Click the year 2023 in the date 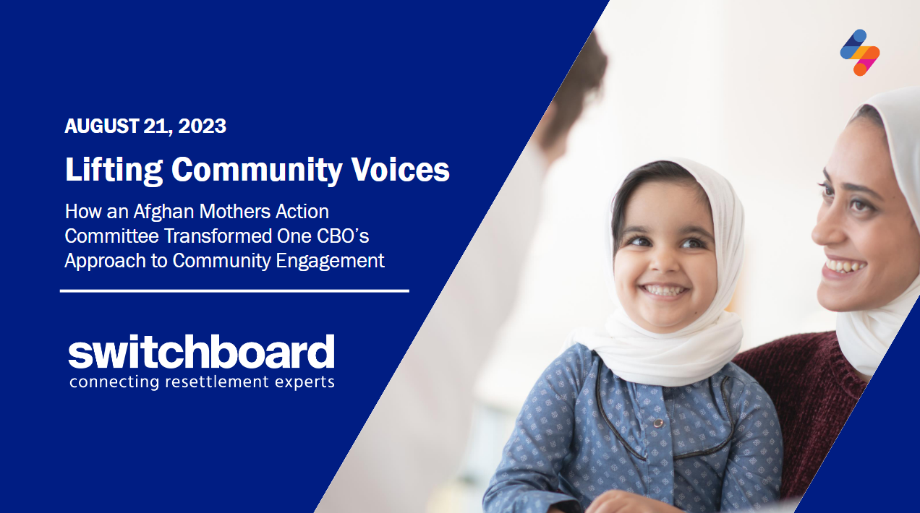click(202, 126)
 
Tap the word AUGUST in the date click(102, 126)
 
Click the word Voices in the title click(400, 169)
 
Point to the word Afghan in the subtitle click(163, 212)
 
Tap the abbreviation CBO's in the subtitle click(343, 236)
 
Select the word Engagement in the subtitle click(331, 262)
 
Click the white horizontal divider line click(234, 291)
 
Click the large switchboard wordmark click(201, 351)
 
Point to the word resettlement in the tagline click(216, 381)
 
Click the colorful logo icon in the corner click(860, 53)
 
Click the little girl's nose click(665, 263)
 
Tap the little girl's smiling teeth click(664, 290)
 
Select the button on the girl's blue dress click(658, 423)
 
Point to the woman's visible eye click(859, 204)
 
